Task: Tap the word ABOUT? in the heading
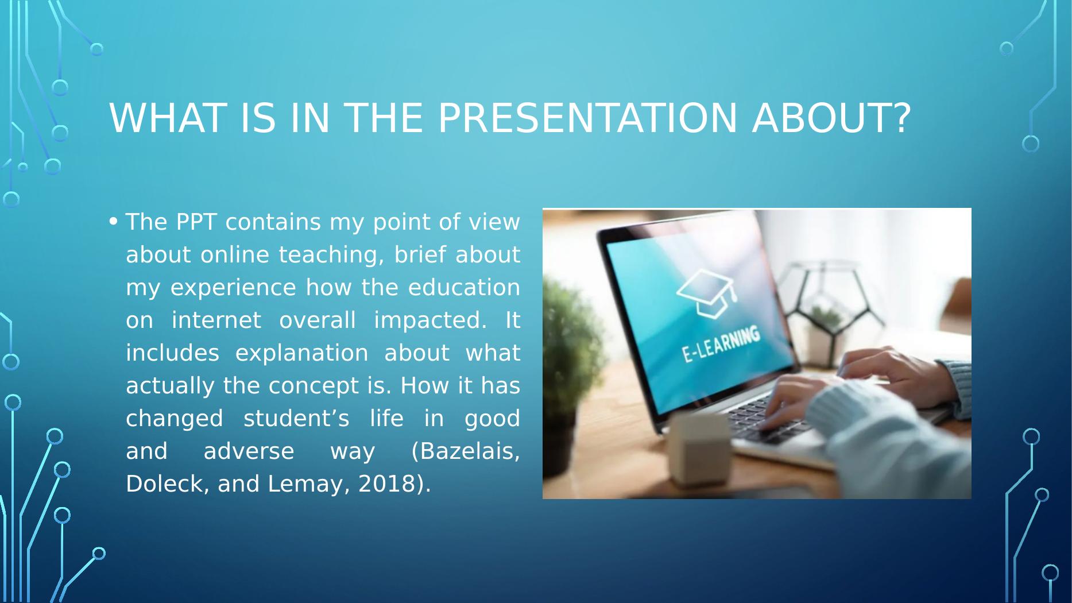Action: pos(831,118)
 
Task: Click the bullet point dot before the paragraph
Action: pos(113,221)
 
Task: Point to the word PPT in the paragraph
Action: pos(195,222)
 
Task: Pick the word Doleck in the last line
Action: pos(163,484)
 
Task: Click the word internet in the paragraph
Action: pos(216,320)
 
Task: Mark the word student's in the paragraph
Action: pos(296,419)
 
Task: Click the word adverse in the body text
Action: pos(249,451)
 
